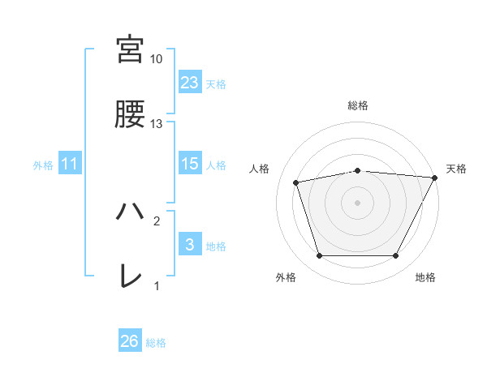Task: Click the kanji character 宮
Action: (130, 49)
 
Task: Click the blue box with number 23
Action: (189, 82)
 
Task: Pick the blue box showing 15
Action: (189, 164)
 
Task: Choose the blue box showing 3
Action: (189, 244)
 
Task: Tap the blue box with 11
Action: (70, 164)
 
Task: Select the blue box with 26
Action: (129, 341)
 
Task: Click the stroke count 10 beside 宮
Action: (156, 59)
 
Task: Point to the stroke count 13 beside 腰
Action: (156, 124)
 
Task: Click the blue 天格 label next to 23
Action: (215, 83)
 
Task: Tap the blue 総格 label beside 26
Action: (156, 343)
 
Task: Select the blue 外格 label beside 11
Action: (43, 165)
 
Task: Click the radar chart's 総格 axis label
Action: (358, 105)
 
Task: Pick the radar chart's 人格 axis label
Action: (261, 169)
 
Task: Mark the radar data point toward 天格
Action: (435, 178)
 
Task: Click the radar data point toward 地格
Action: (396, 256)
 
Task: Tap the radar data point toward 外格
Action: (319, 256)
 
